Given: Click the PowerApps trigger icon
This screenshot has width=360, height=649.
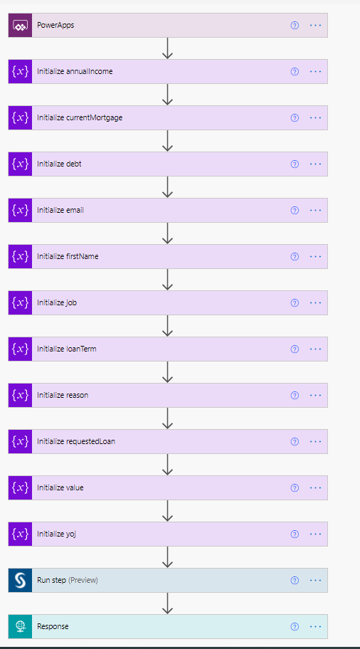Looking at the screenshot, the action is point(20,25).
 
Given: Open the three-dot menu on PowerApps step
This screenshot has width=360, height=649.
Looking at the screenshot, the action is point(315,25).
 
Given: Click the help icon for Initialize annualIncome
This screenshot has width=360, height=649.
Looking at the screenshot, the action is point(295,72).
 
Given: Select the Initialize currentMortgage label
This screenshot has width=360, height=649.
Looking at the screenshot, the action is point(80,118).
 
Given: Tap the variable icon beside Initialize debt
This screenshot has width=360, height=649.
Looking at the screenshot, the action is point(20,164).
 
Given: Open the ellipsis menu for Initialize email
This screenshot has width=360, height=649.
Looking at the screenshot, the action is point(315,210).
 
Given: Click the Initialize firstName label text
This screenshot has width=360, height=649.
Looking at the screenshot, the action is point(68,257).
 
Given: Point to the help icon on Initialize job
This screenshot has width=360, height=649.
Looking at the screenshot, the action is point(295,302).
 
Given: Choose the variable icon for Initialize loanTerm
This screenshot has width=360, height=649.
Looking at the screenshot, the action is point(20,349).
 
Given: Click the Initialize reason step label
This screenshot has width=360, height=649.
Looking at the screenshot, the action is point(63,395).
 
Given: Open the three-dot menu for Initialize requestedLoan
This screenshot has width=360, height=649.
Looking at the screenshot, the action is point(315,441).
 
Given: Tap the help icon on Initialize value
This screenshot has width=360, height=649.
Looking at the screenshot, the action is point(295,487).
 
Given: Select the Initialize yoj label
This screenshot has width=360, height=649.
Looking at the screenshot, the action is point(57,534).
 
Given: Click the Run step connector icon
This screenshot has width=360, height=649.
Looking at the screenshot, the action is point(20,580).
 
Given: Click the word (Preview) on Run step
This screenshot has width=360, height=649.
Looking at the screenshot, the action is point(83,580).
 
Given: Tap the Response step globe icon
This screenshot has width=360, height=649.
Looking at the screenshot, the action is point(20,626).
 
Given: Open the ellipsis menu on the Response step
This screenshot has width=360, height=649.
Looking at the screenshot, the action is point(315,626).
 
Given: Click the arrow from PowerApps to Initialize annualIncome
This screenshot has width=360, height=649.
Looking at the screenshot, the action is point(167,48).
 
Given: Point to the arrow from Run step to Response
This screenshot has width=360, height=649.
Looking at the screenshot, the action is point(167,603).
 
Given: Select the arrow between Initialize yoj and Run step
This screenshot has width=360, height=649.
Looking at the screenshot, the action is point(167,557).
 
